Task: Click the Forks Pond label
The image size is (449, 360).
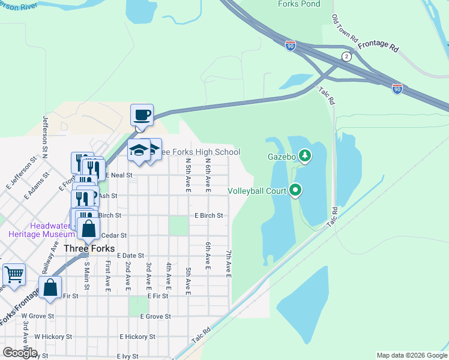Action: click(x=299, y=4)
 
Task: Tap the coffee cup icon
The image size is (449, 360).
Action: click(x=142, y=114)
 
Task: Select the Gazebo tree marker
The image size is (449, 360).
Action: click(x=306, y=157)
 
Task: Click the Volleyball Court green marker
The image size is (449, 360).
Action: click(x=295, y=191)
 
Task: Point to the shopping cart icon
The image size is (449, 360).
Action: click(x=14, y=274)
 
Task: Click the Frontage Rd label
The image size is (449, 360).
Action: click(x=378, y=46)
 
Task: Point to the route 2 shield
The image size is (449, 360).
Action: click(x=346, y=56)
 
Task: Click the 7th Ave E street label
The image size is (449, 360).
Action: click(x=229, y=264)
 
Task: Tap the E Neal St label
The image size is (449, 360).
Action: click(x=118, y=175)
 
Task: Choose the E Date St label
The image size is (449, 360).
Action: click(x=131, y=255)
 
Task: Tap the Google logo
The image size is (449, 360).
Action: click(x=20, y=352)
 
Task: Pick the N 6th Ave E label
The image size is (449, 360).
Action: click(x=208, y=175)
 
